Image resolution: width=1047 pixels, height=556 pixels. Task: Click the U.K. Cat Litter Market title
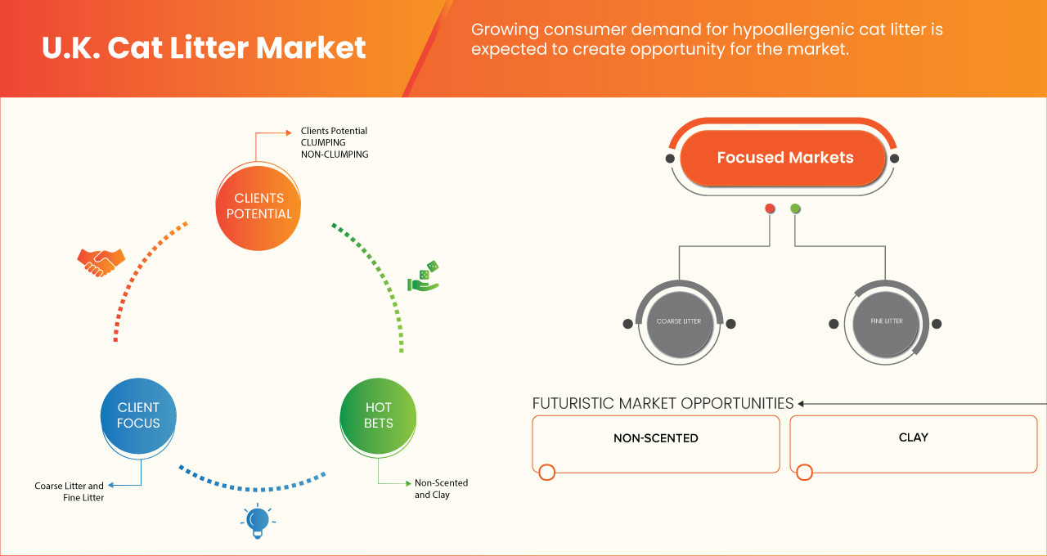(204, 47)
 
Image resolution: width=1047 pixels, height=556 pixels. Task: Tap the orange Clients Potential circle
(258, 206)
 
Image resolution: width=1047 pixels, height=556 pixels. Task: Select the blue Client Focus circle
(138, 415)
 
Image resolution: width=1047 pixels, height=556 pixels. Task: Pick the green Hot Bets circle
(379, 415)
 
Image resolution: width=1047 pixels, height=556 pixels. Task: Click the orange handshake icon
(101, 262)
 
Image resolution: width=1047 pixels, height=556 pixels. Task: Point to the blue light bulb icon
(258, 521)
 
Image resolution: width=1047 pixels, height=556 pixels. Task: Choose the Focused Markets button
(784, 158)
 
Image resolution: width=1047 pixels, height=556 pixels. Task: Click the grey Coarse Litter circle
(679, 322)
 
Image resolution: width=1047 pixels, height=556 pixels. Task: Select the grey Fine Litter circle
(887, 322)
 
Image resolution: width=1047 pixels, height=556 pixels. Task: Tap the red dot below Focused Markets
(770, 208)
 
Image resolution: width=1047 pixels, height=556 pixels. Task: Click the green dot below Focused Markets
(795, 208)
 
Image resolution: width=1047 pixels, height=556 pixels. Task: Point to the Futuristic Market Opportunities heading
(663, 403)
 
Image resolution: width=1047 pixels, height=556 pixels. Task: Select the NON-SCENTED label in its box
(655, 438)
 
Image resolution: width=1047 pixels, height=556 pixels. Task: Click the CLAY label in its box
(913, 437)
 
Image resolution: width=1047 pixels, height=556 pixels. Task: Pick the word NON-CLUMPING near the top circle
(335, 154)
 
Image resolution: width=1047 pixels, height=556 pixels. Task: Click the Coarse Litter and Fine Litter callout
(70, 491)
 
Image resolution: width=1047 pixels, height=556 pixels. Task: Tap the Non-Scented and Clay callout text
(441, 489)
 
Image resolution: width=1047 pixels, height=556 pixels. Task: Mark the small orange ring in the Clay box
(804, 473)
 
